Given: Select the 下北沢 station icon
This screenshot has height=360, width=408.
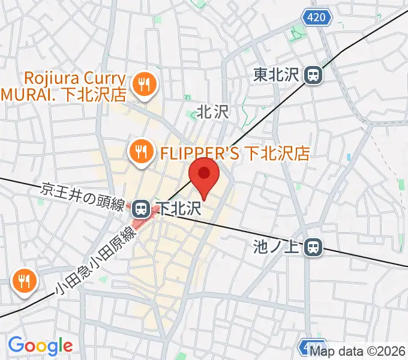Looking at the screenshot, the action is pos(140,209).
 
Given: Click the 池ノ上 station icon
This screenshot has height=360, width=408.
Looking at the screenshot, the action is pos(313,246).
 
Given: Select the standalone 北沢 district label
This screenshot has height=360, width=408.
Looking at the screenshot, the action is pos(214,111).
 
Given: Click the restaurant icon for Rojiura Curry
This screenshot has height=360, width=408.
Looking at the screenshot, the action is pos(143,85).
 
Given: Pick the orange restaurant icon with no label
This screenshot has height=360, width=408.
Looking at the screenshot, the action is pos(24,280).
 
